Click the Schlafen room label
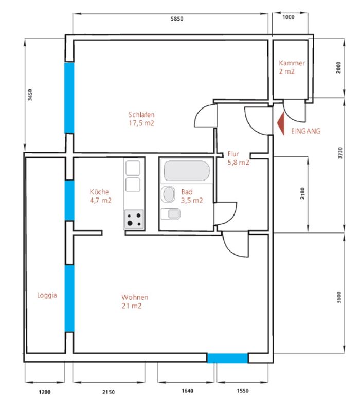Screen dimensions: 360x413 pyautogui.click(x=141, y=115)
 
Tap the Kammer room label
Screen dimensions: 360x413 pyautogui.click(x=292, y=63)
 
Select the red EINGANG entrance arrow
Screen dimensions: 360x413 pyautogui.click(x=281, y=123)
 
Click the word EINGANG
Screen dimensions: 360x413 pyautogui.click(x=306, y=131)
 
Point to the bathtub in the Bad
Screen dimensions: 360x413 pyautogui.click(x=187, y=170)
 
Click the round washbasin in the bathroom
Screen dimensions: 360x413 pyautogui.click(x=169, y=194)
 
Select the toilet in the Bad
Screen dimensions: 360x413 pyautogui.click(x=171, y=213)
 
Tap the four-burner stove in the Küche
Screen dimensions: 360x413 pyautogui.click(x=134, y=219)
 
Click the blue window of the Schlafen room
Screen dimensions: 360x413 pyautogui.click(x=69, y=98)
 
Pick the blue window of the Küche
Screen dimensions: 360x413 pyautogui.click(x=69, y=201)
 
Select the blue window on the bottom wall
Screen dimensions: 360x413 pyautogui.click(x=227, y=358)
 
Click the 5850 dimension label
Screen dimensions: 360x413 pyautogui.click(x=177, y=19)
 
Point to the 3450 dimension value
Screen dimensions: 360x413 pyautogui.click(x=30, y=95)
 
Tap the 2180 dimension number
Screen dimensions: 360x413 pyautogui.click(x=302, y=193)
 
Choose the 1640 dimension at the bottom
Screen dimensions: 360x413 pyautogui.click(x=187, y=391)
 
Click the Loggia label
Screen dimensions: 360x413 pyautogui.click(x=47, y=296)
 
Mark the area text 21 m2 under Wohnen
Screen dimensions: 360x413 pyautogui.click(x=132, y=306)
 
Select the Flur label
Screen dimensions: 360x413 pyautogui.click(x=233, y=154)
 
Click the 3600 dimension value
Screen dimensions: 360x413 pyautogui.click(x=339, y=297)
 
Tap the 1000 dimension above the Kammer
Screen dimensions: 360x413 pyautogui.click(x=289, y=17)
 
